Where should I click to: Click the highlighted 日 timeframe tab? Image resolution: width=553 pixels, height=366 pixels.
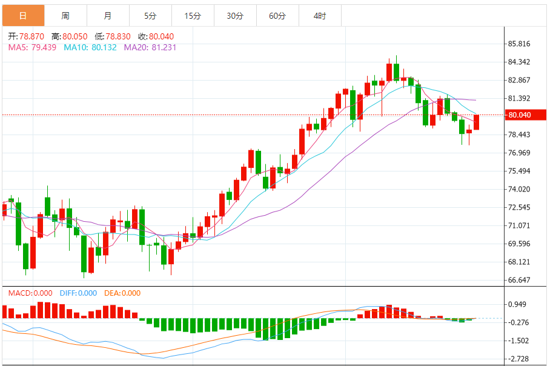pyautogui.click(x=23, y=16)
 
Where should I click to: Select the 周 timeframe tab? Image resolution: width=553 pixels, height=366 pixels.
pyautogui.click(x=65, y=16)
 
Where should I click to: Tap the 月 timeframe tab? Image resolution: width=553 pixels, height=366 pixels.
pyautogui.click(x=108, y=16)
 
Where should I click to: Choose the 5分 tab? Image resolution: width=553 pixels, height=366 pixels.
pyautogui.click(x=150, y=16)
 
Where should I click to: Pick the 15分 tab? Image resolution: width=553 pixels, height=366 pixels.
pyautogui.click(x=193, y=16)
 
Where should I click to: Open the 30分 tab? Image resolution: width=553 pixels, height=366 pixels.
pyautogui.click(x=235, y=16)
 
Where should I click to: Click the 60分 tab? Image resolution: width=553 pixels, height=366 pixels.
pyautogui.click(x=277, y=16)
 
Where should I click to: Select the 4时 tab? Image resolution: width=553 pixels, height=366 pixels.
pyautogui.click(x=320, y=16)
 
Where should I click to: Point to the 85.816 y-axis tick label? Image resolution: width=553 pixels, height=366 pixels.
pyautogui.click(x=519, y=44)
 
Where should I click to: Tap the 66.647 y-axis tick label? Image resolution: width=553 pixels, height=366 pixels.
pyautogui.click(x=519, y=280)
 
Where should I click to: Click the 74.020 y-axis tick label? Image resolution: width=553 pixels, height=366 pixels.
pyautogui.click(x=519, y=189)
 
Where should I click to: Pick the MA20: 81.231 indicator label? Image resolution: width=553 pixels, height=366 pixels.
pyautogui.click(x=150, y=47)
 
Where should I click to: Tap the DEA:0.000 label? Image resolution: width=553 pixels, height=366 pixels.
pyautogui.click(x=122, y=293)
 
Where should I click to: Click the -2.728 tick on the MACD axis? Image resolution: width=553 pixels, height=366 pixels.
pyautogui.click(x=519, y=359)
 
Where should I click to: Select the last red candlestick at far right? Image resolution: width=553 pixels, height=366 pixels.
pyautogui.click(x=477, y=122)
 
